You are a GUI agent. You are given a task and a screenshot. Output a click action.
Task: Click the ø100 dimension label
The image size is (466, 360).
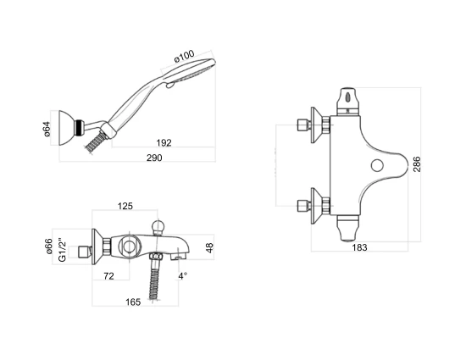(184, 56)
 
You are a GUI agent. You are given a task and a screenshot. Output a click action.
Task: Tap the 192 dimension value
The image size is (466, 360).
(164, 143)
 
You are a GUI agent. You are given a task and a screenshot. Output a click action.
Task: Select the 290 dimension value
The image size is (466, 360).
(154, 158)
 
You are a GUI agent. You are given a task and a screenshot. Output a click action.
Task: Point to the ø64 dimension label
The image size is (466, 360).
(47, 129)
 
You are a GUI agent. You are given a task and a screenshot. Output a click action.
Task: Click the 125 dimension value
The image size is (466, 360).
(125, 206)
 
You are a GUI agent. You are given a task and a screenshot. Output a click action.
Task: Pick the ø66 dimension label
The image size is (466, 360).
(49, 246)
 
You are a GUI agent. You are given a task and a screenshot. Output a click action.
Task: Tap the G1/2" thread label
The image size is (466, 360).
(62, 250)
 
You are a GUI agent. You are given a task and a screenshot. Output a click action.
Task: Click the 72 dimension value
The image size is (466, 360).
(108, 276)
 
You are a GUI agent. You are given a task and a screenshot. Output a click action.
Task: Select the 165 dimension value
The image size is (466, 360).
(133, 302)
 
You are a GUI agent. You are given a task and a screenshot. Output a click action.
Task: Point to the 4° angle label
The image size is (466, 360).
(182, 276)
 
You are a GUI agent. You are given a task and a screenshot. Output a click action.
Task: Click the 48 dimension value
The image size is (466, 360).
(209, 247)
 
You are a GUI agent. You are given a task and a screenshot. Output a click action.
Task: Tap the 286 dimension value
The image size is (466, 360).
(417, 164)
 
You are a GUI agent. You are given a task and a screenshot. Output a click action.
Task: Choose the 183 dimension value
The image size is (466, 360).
(359, 247)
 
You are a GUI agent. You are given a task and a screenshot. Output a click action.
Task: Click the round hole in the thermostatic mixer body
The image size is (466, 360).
(377, 165)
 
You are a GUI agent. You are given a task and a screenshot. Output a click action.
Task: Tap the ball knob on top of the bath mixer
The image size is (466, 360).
(158, 227)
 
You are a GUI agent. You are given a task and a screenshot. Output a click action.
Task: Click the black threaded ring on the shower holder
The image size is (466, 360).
(79, 127)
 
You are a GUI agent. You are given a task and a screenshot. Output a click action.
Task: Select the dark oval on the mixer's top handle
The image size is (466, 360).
(347, 97)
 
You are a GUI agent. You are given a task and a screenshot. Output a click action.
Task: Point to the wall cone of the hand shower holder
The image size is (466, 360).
(67, 128)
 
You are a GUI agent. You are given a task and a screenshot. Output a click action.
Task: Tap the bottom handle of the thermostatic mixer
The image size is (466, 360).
(348, 228)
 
